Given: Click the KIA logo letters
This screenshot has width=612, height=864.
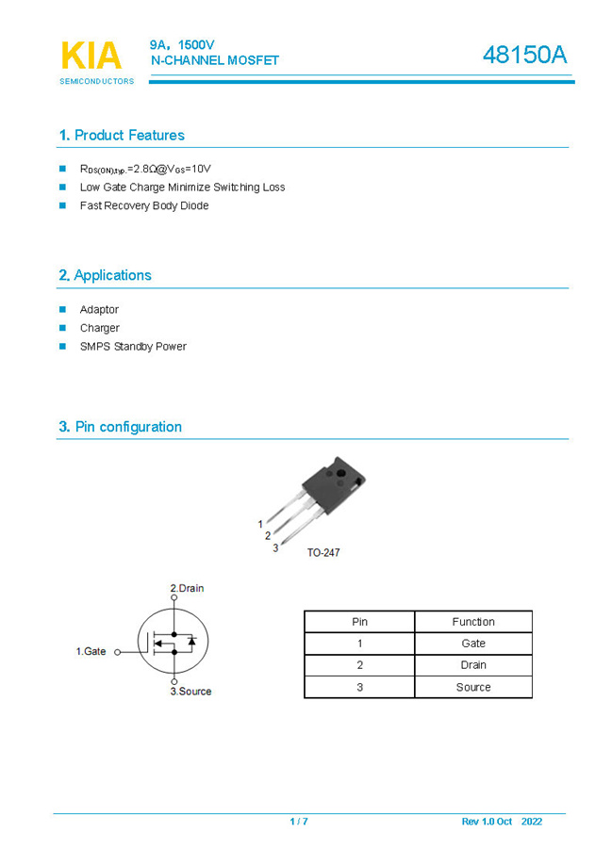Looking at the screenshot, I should pyautogui.click(x=91, y=56).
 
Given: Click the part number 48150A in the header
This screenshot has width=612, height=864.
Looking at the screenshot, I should pyautogui.click(x=524, y=56).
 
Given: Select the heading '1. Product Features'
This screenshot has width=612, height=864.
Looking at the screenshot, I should pyautogui.click(x=122, y=136).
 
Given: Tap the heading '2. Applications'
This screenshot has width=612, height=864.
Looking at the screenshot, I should pyautogui.click(x=105, y=276).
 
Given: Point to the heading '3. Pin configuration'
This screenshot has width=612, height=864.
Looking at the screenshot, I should pyautogui.click(x=120, y=427).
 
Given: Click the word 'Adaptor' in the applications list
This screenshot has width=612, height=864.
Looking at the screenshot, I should pyautogui.click(x=99, y=310).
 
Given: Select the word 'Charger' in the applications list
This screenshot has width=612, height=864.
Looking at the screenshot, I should pyautogui.click(x=99, y=328).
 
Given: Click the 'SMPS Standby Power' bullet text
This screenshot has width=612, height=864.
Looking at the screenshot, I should pyautogui.click(x=133, y=347).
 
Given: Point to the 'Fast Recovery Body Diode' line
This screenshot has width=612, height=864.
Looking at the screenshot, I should pyautogui.click(x=144, y=205).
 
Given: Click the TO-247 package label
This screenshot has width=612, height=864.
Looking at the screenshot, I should pyautogui.click(x=323, y=552).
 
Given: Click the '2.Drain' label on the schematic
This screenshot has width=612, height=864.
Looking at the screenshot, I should pyautogui.click(x=187, y=588).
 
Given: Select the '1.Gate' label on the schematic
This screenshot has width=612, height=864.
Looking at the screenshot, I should pyautogui.click(x=91, y=651).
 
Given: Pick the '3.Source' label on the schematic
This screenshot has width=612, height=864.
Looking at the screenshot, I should pyautogui.click(x=190, y=692).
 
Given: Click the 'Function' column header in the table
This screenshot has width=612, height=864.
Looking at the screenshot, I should pyautogui.click(x=472, y=622).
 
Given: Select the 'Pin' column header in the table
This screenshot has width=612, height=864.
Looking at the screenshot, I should pyautogui.click(x=359, y=622).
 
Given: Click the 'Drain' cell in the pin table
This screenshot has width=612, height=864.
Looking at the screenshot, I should pyautogui.click(x=472, y=665).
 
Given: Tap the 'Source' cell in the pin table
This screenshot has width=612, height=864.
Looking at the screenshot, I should pyautogui.click(x=472, y=687).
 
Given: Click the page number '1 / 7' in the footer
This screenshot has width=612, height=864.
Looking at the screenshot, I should pyautogui.click(x=299, y=822).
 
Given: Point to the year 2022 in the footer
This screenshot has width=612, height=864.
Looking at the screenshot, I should pyautogui.click(x=531, y=822).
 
